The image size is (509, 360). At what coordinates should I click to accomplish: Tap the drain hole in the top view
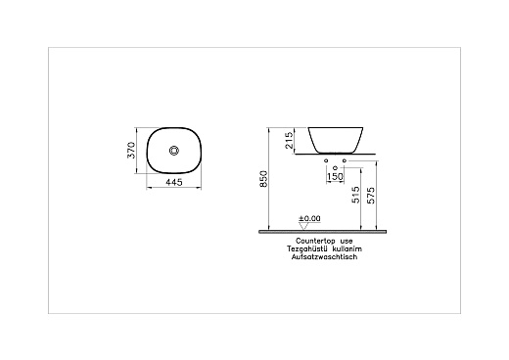coord(175,151)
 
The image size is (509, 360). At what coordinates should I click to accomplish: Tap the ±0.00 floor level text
coord(310,219)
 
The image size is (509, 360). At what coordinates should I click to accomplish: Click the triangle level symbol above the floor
coord(302,225)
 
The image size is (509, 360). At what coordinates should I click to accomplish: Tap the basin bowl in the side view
coord(341,138)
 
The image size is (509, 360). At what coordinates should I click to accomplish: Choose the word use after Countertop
coord(347,240)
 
